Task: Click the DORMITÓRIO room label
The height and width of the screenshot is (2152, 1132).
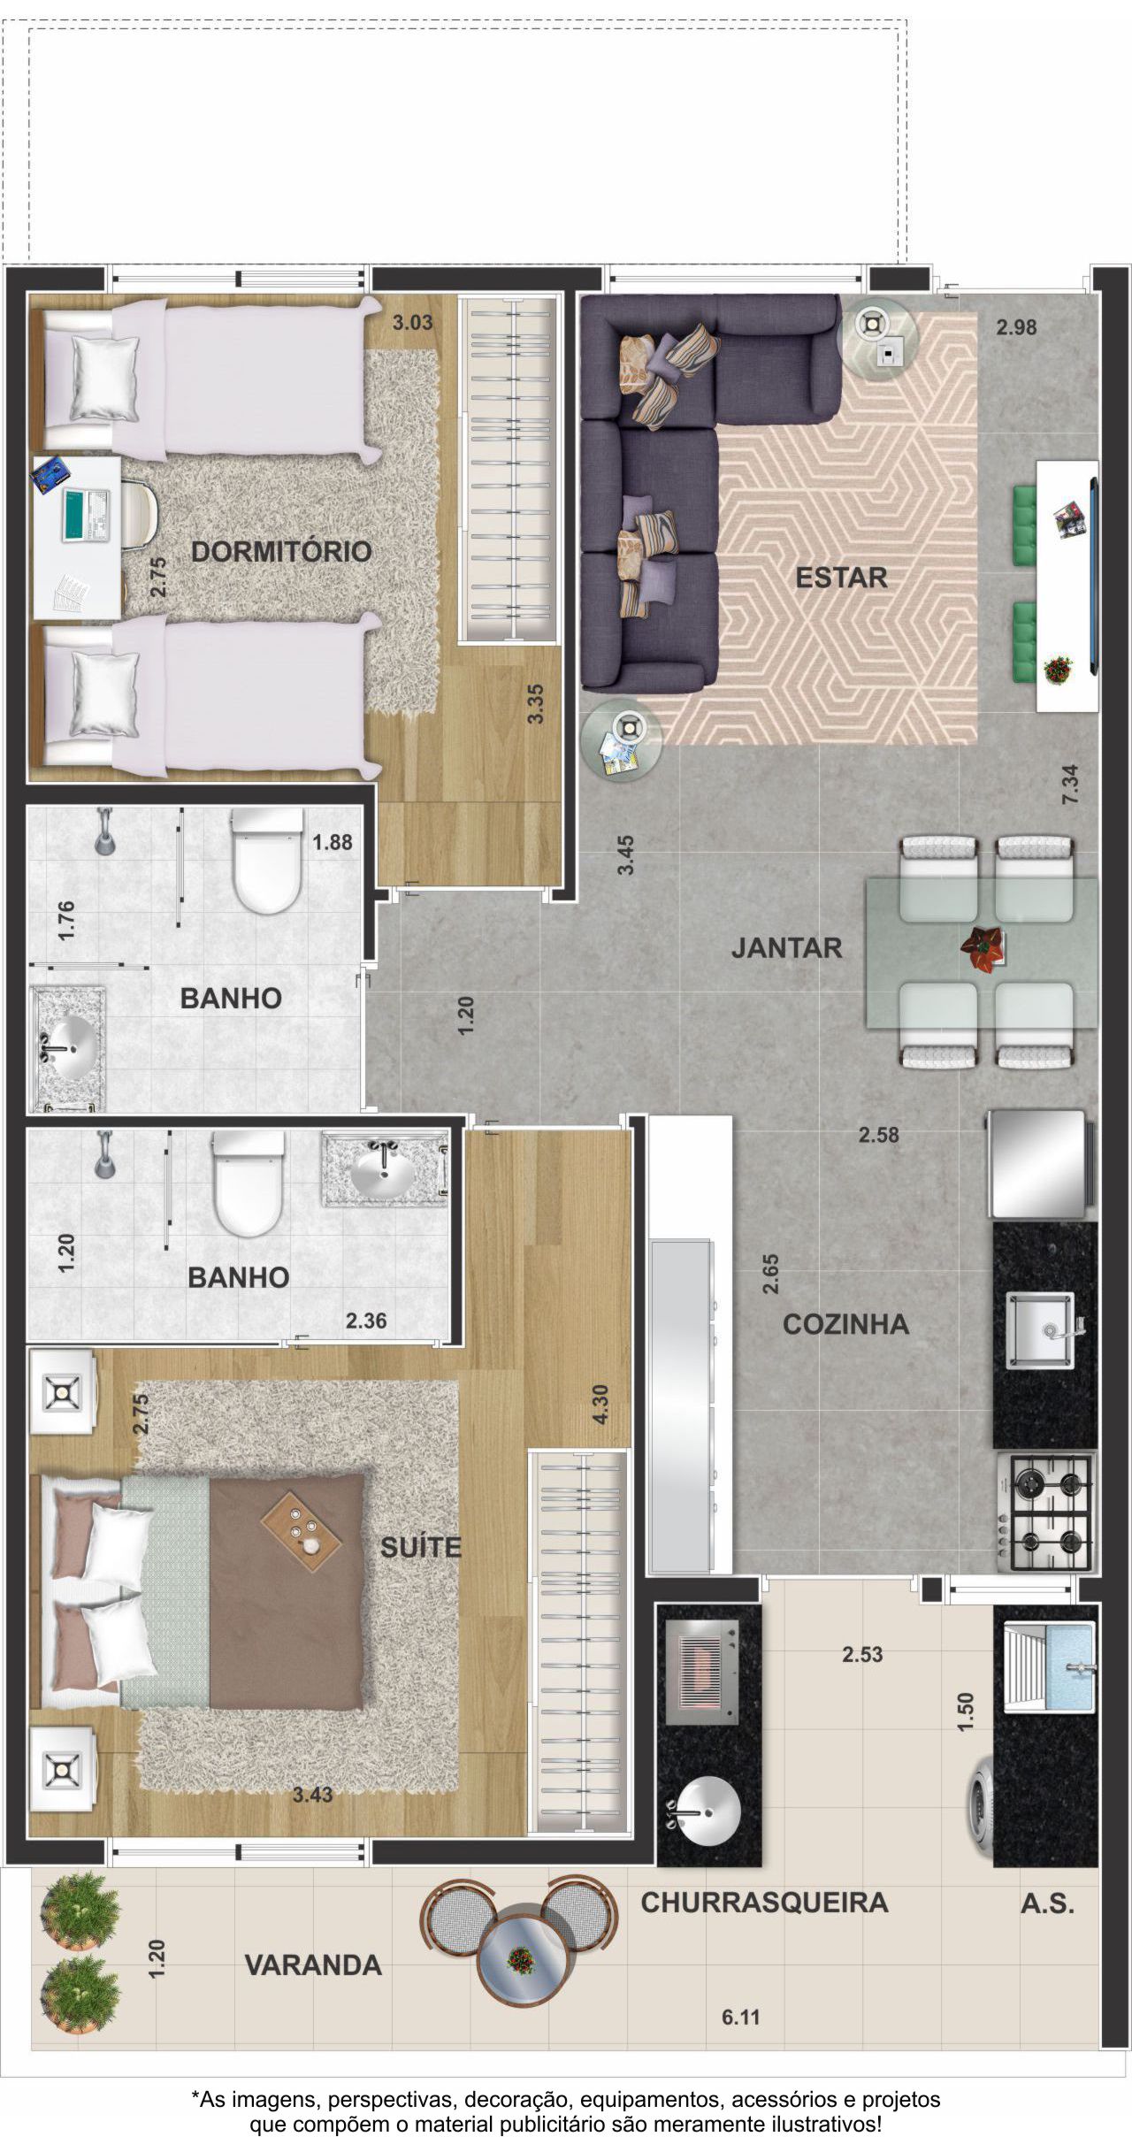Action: coord(281,552)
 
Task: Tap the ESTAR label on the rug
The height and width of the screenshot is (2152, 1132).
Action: coord(841,578)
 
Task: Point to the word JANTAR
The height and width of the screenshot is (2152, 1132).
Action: coord(786,948)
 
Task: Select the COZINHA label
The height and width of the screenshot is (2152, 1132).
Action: coord(845,1324)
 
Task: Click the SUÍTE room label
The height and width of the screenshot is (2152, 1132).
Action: coord(421,1547)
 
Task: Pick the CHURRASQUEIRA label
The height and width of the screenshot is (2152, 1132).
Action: coord(764,1902)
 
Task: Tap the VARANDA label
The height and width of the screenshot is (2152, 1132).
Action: coord(313,1964)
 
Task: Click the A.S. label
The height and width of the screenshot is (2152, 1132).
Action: coord(1048,1903)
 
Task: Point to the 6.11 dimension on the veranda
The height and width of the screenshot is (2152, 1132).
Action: coord(741,2018)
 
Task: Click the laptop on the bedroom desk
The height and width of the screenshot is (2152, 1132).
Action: coord(85,515)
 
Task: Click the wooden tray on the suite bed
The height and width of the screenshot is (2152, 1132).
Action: coord(302,1531)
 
